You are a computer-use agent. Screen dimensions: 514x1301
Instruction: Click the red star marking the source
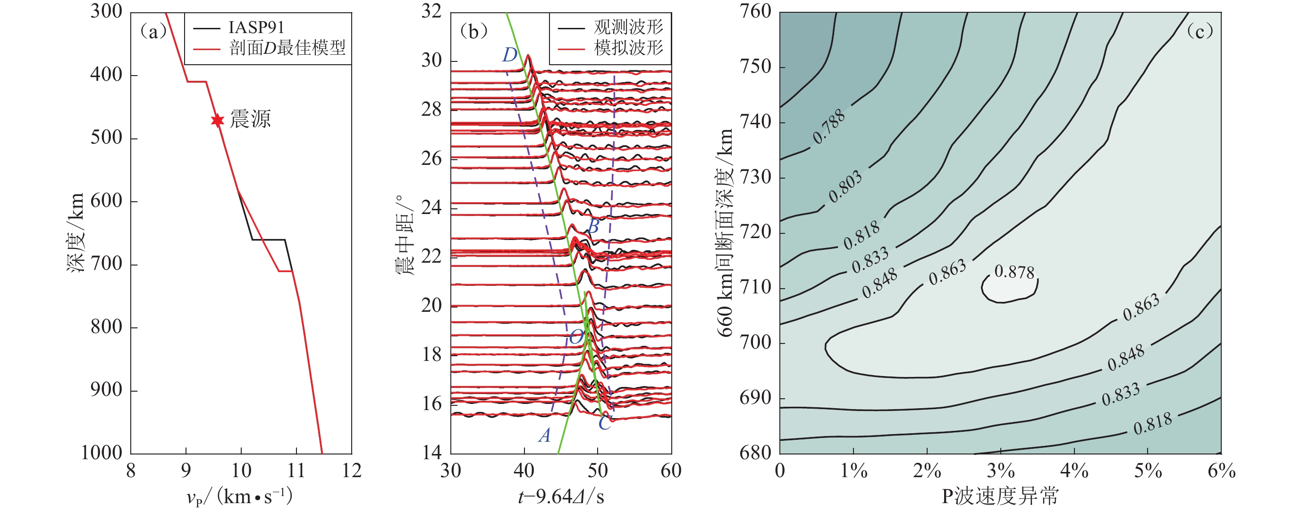(x=217, y=120)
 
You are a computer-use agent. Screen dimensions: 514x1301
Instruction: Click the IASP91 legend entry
(x=256, y=27)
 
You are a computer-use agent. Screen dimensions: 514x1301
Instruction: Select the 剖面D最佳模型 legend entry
(x=287, y=49)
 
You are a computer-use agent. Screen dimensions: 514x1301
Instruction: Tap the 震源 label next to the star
(x=251, y=119)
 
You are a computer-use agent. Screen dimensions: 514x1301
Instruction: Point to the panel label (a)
(x=153, y=32)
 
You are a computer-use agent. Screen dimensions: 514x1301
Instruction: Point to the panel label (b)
(x=473, y=32)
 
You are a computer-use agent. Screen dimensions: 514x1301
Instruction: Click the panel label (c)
(x=1199, y=32)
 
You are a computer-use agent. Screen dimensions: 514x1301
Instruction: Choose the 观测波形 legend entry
(x=628, y=27)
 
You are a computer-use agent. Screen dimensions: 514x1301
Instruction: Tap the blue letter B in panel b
(x=593, y=226)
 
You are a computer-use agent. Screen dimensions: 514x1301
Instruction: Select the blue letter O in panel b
(x=576, y=337)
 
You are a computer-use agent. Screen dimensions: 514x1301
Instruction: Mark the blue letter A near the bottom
(x=544, y=435)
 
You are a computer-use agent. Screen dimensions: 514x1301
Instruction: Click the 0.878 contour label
(x=1014, y=272)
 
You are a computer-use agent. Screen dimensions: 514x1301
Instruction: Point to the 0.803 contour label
(x=845, y=187)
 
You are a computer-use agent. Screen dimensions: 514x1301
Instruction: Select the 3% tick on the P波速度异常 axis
(x=1000, y=471)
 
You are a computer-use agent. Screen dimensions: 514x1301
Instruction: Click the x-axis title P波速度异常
(x=1000, y=497)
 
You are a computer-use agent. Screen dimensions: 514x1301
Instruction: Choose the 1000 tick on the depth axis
(x=101, y=453)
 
